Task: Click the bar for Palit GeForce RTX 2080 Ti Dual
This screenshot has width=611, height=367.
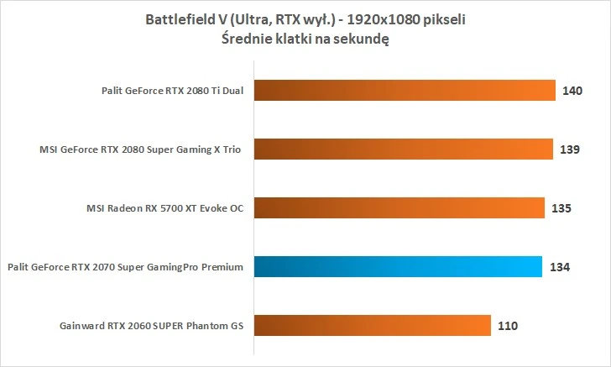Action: coord(404,91)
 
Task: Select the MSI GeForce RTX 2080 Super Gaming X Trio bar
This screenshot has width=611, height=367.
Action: coord(402,149)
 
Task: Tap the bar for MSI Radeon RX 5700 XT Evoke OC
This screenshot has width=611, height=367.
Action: coord(398,207)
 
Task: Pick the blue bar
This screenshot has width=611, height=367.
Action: coord(397,267)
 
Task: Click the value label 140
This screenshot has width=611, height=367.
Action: coord(573,91)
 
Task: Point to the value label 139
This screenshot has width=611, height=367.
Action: coord(572,149)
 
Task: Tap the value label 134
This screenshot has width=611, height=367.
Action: coord(560,267)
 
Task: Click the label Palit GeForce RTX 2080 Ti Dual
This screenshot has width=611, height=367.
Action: coord(170,91)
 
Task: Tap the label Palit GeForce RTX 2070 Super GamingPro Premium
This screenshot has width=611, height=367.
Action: coord(124,267)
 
